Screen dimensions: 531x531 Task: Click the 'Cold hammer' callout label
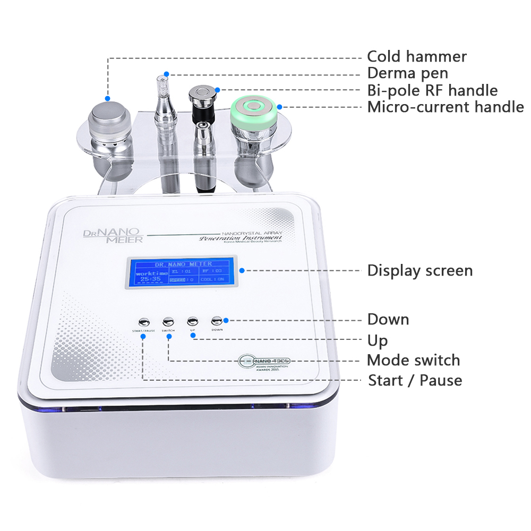point(417,56)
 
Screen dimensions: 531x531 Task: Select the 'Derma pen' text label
point(407,73)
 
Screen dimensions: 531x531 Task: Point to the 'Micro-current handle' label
point(446,107)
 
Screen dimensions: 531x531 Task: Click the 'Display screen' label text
point(419,271)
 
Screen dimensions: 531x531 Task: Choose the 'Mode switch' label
point(413,360)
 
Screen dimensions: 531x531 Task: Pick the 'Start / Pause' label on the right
point(415,380)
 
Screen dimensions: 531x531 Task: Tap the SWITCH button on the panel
point(168,321)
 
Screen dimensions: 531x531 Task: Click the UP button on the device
point(192,321)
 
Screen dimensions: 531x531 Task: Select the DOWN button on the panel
point(217,320)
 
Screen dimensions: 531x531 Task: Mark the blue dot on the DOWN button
point(226,320)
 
